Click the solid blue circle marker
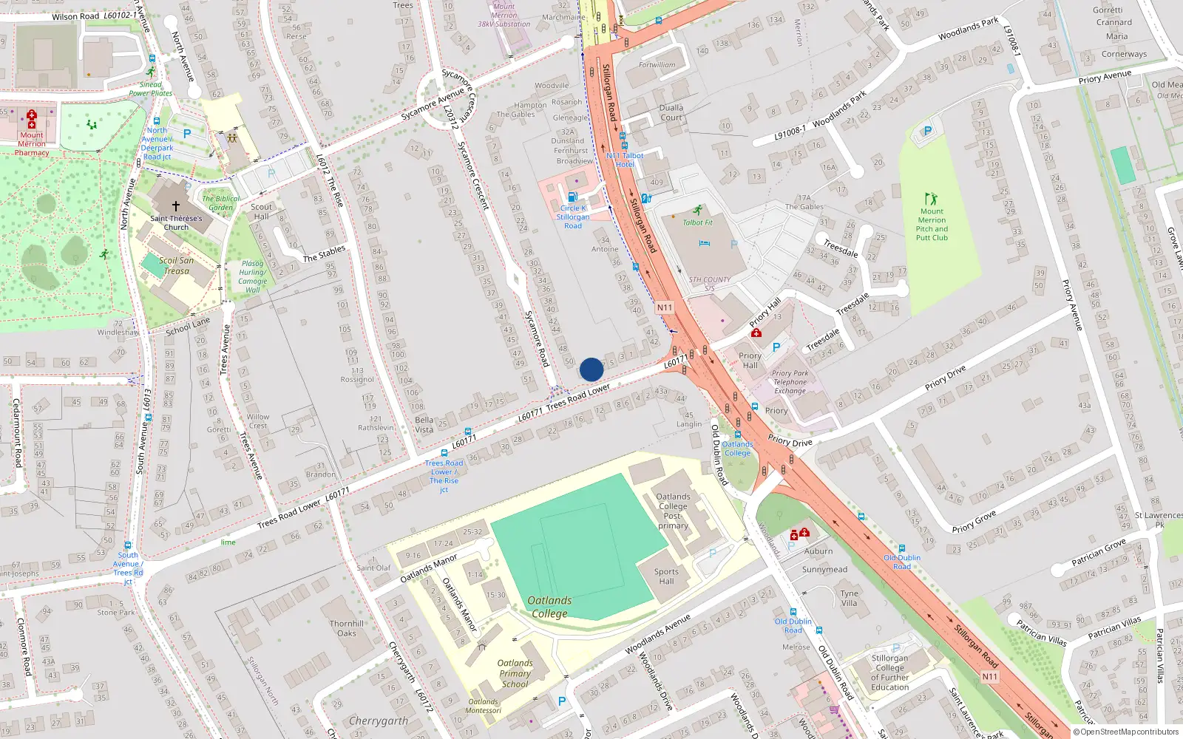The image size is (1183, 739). pos(591,369)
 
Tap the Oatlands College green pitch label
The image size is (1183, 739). pos(549,607)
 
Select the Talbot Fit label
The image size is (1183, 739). pos(697,222)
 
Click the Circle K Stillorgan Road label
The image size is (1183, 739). pos(573,217)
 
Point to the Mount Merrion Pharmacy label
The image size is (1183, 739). pos(32,144)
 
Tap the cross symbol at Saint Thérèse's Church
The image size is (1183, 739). pos(176,206)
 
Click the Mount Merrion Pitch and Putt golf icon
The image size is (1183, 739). pos(931,199)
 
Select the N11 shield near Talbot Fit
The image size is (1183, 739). pos(665,307)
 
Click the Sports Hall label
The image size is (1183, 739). pos(666,576)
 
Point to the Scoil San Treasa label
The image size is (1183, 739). pos(177,265)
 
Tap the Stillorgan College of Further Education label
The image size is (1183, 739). pos(889,672)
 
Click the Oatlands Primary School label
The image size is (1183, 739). pos(515,673)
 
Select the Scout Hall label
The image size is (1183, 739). pos(261,211)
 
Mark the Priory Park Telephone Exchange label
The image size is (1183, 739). pos(790,382)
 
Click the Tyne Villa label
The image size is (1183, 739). pos(850,598)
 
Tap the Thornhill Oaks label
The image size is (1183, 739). pos(347,628)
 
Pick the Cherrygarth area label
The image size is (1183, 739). pos(378,721)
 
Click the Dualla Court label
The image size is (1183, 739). pos(671,112)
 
